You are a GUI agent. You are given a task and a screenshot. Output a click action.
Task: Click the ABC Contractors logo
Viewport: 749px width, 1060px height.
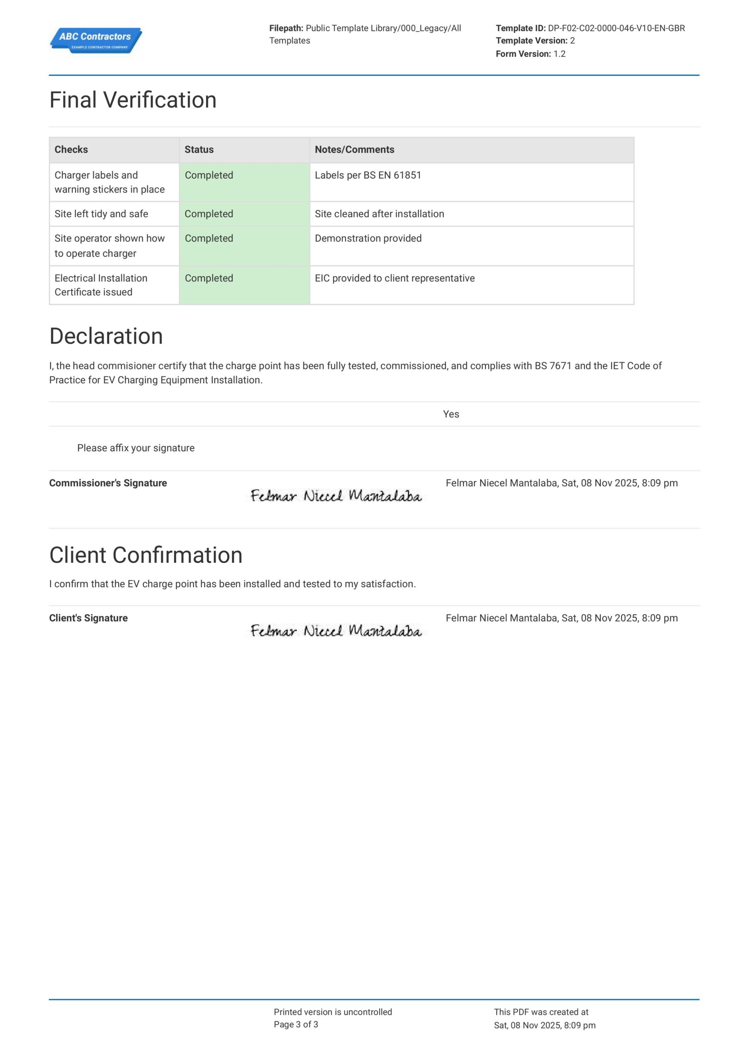[x=96, y=40]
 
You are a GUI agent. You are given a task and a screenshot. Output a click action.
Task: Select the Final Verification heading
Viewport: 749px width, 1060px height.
[x=133, y=100]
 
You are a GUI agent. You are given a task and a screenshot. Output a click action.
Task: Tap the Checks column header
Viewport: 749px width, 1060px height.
[x=71, y=149]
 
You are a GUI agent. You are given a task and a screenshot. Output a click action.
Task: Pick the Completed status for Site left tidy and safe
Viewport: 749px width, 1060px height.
[x=209, y=214]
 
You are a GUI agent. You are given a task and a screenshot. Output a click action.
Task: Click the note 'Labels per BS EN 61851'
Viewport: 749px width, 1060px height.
[x=368, y=176]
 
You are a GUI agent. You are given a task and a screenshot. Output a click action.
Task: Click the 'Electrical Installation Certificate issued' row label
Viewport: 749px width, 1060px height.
[x=101, y=285]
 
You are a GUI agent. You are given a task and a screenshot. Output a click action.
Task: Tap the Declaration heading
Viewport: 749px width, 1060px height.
[x=106, y=336]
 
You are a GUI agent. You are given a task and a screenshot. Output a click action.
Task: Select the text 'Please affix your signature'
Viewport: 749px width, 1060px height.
[x=136, y=448]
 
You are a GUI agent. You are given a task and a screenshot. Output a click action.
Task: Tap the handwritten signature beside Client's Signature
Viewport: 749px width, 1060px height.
[x=336, y=631]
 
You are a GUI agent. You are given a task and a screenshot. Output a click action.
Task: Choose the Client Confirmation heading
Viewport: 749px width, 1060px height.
[x=146, y=555]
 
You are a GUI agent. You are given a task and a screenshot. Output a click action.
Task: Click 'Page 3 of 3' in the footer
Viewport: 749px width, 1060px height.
[x=296, y=1024]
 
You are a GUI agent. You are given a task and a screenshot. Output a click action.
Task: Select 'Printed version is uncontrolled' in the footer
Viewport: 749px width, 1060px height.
[x=333, y=1012]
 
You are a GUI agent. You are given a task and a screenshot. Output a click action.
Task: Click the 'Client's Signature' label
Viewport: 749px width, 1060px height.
[x=89, y=618]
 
